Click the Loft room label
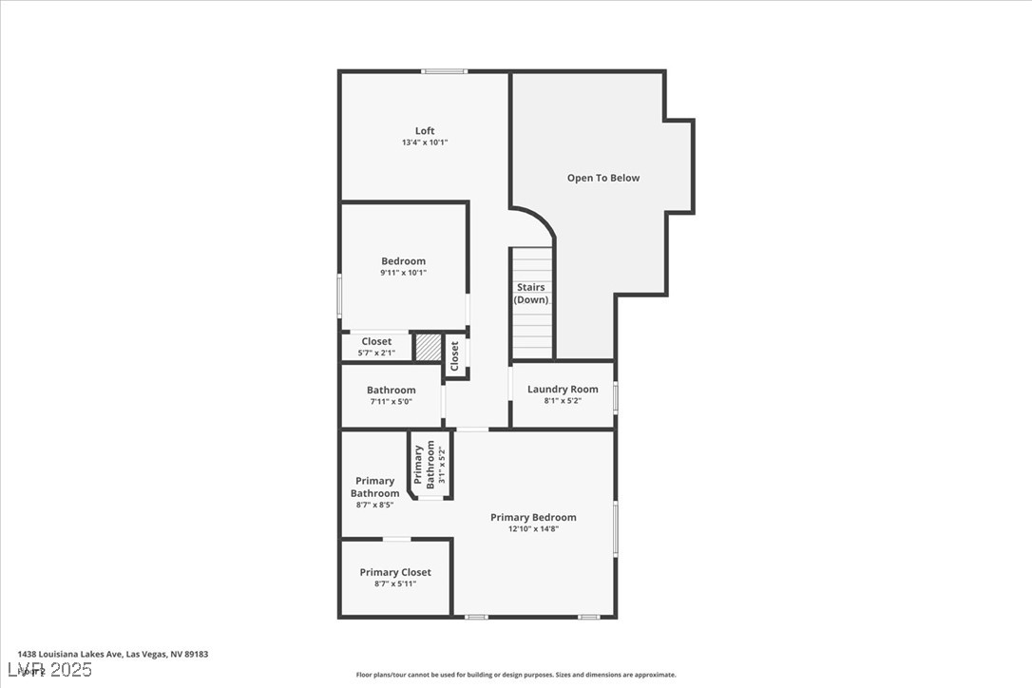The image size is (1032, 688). click(425, 131)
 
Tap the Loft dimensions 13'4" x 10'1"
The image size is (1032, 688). click(425, 143)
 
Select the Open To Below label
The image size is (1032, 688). click(603, 178)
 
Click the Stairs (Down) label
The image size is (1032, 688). click(531, 293)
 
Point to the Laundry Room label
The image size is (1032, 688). click(563, 389)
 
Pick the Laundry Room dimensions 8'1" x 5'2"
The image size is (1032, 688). click(563, 401)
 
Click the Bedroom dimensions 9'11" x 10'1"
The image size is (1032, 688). click(403, 273)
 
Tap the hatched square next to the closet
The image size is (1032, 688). click(429, 347)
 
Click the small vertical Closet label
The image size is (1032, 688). click(455, 355)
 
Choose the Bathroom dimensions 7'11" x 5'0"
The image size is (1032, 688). click(391, 402)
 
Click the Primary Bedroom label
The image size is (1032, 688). click(533, 517)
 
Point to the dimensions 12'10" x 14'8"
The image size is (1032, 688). click(533, 529)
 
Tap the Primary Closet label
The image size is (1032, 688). click(395, 572)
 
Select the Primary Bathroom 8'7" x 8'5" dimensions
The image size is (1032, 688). click(374, 505)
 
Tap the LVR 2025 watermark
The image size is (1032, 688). click(54, 671)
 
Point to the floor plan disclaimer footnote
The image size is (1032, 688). click(516, 675)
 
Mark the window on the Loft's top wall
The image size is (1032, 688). click(444, 71)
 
